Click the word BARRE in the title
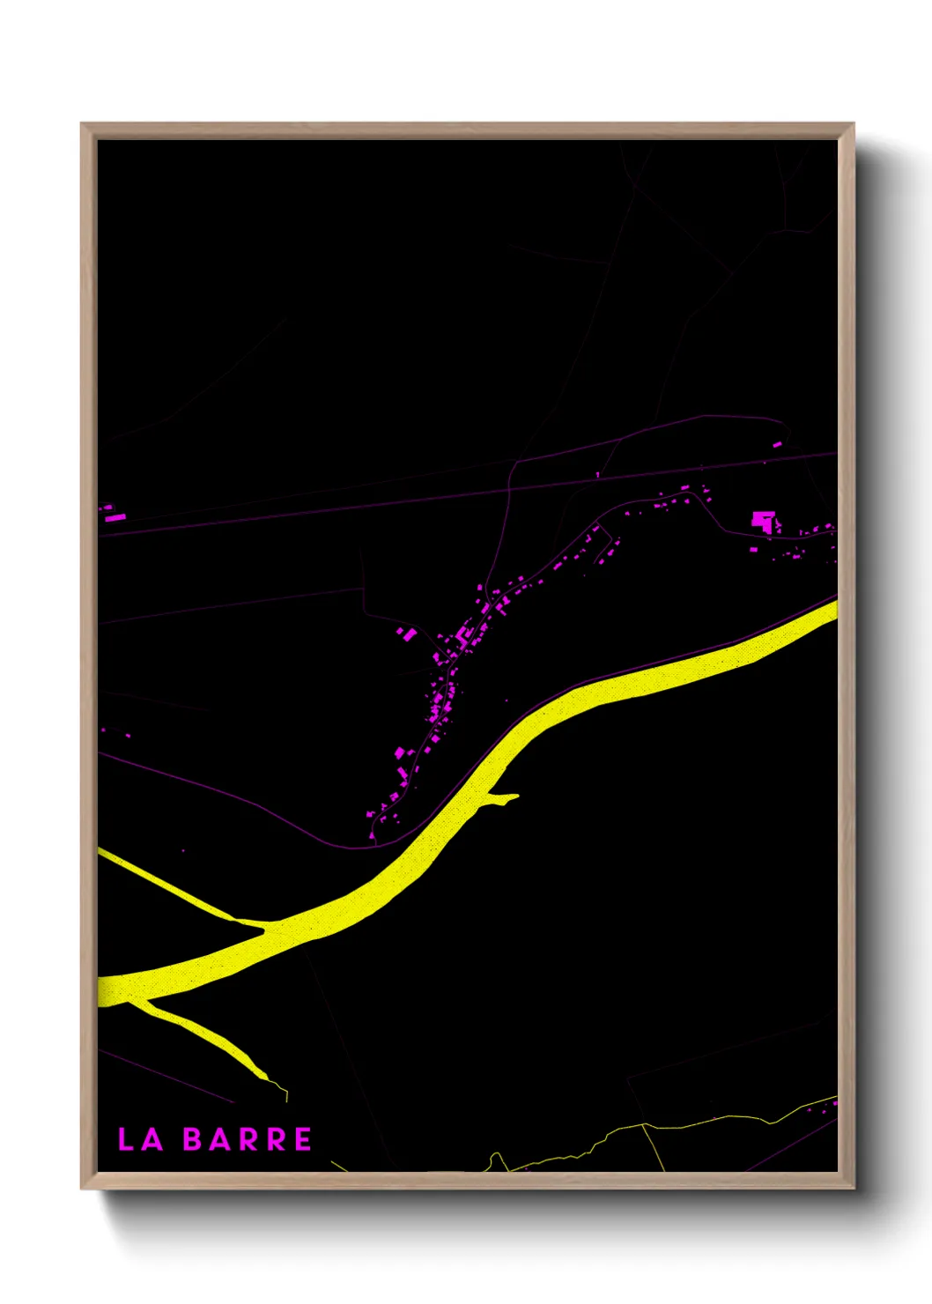click(248, 1139)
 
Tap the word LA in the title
click(141, 1139)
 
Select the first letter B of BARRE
click(193, 1139)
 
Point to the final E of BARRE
click(302, 1139)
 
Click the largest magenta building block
click(764, 521)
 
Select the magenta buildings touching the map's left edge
click(111, 514)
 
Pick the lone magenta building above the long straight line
click(777, 445)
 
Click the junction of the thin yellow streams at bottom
click(644, 1125)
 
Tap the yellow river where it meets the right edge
click(832, 607)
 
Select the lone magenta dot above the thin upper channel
click(183, 850)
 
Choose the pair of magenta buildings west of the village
click(406, 633)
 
